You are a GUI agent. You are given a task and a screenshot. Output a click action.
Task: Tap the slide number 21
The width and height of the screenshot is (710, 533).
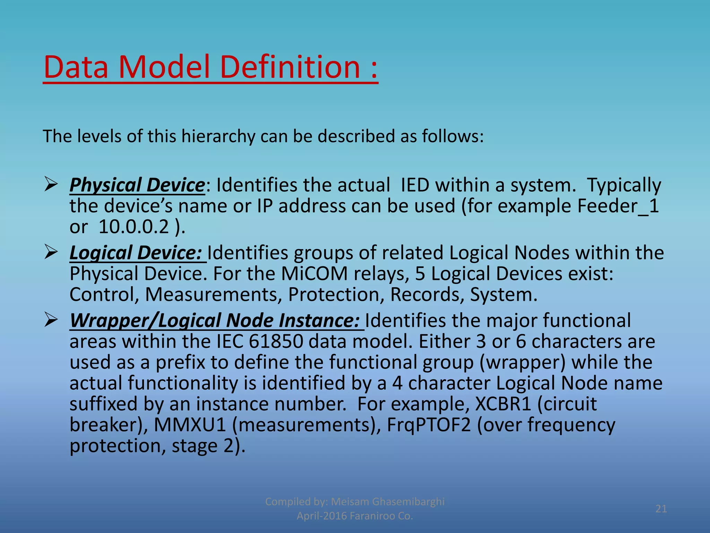661,509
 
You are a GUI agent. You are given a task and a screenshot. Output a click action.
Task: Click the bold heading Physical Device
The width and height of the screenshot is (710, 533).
137,185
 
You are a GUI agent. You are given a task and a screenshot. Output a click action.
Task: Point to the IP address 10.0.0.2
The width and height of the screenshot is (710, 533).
134,227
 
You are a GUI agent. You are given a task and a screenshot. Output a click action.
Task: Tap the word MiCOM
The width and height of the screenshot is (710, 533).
314,273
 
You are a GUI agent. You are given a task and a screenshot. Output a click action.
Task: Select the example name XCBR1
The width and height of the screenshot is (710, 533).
503,404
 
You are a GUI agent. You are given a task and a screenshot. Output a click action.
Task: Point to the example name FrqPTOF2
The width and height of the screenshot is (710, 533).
428,425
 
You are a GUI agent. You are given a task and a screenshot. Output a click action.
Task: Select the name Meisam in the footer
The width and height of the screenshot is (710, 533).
350,501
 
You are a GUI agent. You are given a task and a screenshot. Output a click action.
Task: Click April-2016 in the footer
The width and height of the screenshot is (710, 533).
321,516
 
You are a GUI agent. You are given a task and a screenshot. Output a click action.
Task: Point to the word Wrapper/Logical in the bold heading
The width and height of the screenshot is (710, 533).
146,320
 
